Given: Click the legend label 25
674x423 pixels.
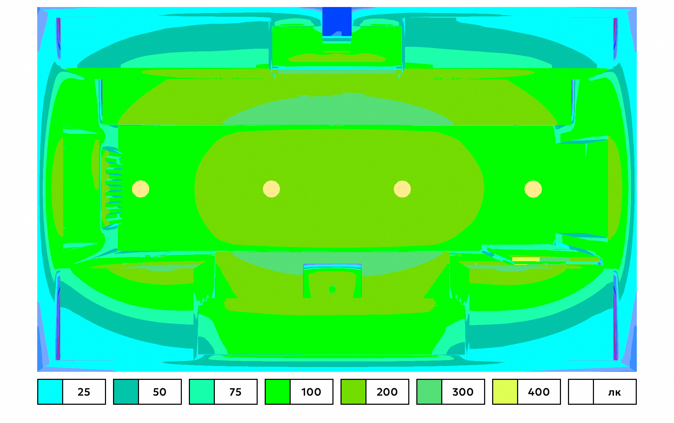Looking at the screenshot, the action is pyautogui.click(x=84, y=392).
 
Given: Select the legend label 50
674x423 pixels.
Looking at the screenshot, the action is pyautogui.click(x=160, y=392).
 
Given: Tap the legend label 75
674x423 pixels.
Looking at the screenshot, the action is pyautogui.click(x=236, y=392).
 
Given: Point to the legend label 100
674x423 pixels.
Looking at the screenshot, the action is pyautogui.click(x=311, y=392).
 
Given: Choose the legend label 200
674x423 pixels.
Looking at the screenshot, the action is pyautogui.click(x=387, y=392).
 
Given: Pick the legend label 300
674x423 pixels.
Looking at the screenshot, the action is pyautogui.click(x=463, y=392).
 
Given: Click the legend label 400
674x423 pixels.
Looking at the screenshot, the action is pyautogui.click(x=539, y=392).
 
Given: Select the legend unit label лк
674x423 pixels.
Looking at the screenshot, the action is pyautogui.click(x=615, y=392).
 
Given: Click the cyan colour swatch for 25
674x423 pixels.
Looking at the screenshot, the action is pyautogui.click(x=50, y=392).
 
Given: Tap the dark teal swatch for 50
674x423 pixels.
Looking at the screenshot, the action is pyautogui.click(x=126, y=392).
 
